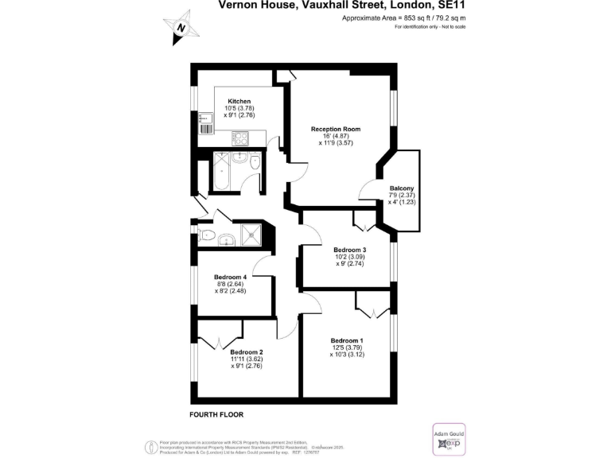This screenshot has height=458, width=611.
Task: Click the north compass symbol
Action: pos(181,27)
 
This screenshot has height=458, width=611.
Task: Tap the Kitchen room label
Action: pos(239,102)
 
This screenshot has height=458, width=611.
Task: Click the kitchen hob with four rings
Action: pos(239,138)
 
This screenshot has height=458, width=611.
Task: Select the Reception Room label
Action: pos(336,129)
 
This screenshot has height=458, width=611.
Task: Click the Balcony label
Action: pos(402,188)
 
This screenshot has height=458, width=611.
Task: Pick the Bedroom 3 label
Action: pos(350,250)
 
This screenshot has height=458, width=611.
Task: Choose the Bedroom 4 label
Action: pos(231,277)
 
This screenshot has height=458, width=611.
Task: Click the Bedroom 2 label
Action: pos(247,351)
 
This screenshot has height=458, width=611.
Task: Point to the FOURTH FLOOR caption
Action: pos(216,415)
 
